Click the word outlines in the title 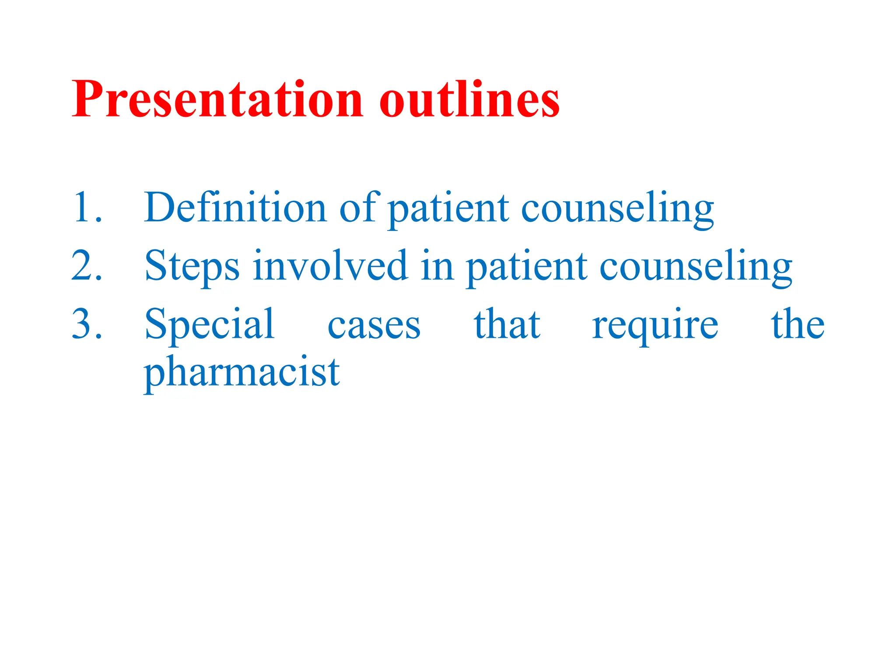pos(469,100)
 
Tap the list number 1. pos(87,207)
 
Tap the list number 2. pos(87,266)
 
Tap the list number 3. pos(87,324)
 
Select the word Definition pos(235,207)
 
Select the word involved pos(330,266)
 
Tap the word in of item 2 pos(437,266)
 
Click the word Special pos(210,325)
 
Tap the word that pos(507,324)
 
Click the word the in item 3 pos(798,324)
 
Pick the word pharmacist pos(241,372)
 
